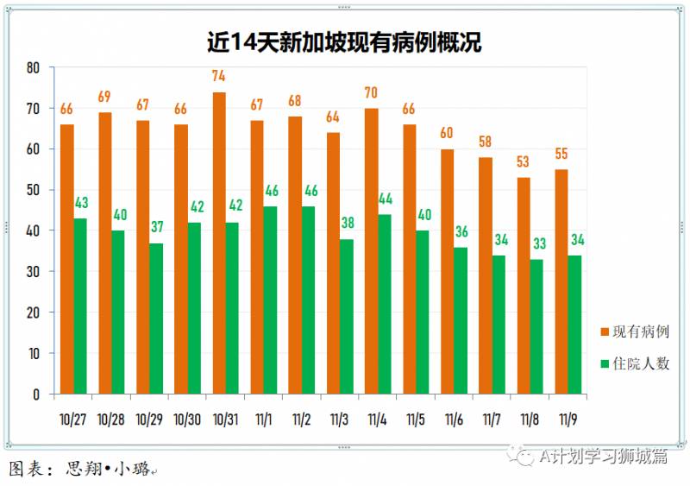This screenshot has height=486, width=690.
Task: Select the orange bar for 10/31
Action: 219,243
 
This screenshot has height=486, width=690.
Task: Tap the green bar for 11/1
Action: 271,300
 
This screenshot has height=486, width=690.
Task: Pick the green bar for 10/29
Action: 156,319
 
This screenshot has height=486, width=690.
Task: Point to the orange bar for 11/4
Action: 372,250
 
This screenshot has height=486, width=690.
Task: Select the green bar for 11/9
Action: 575,325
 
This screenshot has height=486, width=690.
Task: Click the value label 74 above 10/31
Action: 219,76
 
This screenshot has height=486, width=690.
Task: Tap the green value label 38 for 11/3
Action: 348,223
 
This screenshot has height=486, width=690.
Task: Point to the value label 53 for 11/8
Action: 524,161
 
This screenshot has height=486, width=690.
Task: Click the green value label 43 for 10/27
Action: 80,202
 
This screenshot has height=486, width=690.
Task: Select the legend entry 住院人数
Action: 639,363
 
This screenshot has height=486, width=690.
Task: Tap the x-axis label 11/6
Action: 455,420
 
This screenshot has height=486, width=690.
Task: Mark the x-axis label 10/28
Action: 111,420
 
